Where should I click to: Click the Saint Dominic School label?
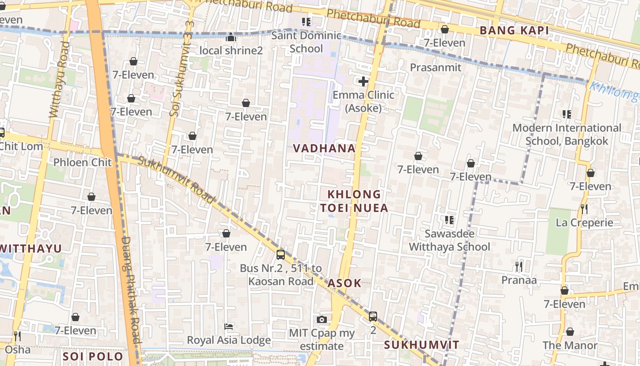tap(306, 42)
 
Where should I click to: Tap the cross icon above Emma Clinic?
tap(363, 82)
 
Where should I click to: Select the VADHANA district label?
tap(324, 148)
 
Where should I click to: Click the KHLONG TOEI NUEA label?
tap(354, 201)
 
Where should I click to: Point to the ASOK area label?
tap(344, 283)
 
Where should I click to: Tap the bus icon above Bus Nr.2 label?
tap(281, 255)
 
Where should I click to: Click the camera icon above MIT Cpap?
tap(322, 319)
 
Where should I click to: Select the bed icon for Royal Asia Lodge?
tap(229, 327)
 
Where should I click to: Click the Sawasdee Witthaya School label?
tap(449, 240)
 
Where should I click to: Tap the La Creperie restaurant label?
tap(584, 223)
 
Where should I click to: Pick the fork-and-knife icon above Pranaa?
tap(518, 266)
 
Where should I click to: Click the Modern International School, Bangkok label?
tap(567, 135)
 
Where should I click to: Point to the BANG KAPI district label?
tap(514, 31)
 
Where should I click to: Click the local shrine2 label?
tap(231, 50)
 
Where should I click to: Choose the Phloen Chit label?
tap(82, 162)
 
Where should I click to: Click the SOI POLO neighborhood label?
tap(93, 356)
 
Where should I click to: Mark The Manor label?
tap(570, 345)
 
